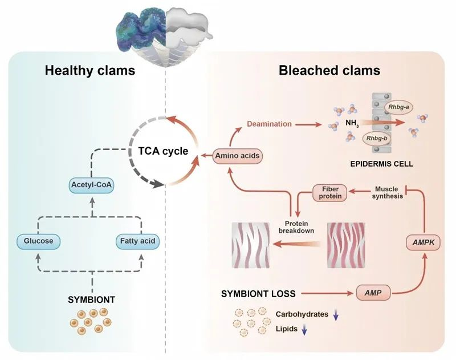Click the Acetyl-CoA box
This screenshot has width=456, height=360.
click(91, 185)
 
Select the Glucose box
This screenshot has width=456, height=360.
click(38, 241)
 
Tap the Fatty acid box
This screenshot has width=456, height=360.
click(137, 241)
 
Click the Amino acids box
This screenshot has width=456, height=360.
click(237, 156)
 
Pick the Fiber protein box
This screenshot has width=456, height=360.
click(330, 193)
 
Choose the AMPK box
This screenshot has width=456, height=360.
click(424, 242)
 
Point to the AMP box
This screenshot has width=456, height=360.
click(373, 293)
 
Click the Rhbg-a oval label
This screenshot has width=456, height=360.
click(398, 107)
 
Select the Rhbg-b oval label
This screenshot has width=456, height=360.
click(377, 139)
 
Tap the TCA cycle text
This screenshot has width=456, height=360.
click(163, 151)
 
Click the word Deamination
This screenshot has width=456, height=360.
click(269, 124)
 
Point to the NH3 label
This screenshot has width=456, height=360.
click(352, 123)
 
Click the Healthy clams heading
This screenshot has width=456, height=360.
click(90, 71)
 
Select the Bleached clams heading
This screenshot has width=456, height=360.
click(329, 70)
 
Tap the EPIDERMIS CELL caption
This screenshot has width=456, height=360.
click(381, 164)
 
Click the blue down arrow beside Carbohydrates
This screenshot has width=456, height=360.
click(336, 314)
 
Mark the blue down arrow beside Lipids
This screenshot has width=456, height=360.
click(304, 329)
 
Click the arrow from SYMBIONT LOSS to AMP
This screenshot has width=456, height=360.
click(327, 293)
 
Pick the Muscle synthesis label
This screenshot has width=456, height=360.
click(388, 193)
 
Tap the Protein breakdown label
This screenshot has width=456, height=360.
click(296, 227)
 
